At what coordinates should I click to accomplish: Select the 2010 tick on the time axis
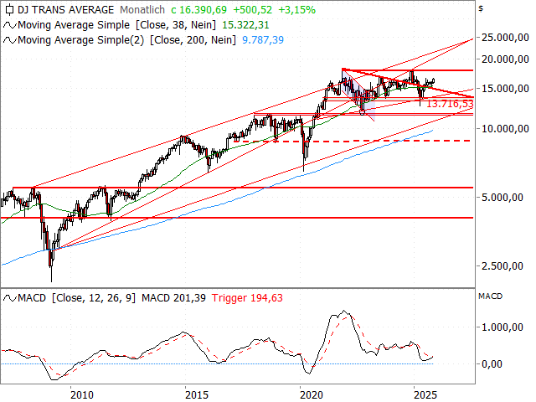pyautogui.click(x=80, y=394)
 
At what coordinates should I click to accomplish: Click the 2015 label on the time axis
pyautogui.click(x=196, y=394)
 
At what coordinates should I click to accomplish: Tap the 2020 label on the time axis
pyautogui.click(x=311, y=394)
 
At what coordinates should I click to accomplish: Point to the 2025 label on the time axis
pyautogui.click(x=425, y=394)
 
